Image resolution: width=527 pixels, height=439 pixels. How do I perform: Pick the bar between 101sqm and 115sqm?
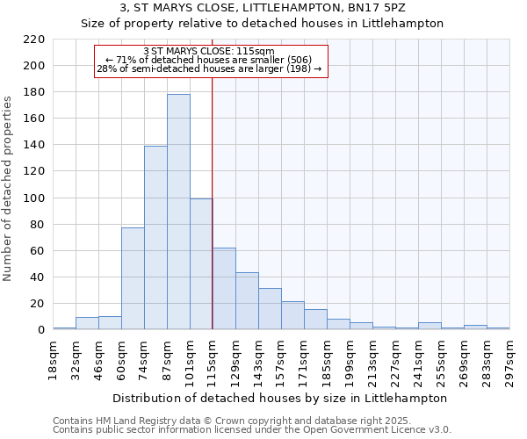[201, 263]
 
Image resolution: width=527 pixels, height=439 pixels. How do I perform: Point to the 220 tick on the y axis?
[33, 40]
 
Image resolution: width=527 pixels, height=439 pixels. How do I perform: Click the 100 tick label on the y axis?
[33, 198]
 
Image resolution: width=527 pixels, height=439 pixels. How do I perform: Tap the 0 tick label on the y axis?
[40, 330]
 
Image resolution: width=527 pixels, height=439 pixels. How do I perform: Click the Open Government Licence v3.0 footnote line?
[251, 429]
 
